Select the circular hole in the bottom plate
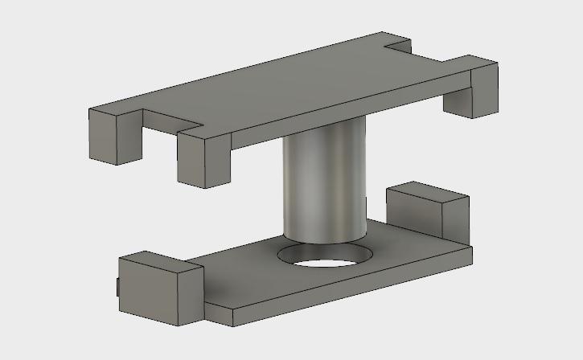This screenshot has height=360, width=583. (326, 259)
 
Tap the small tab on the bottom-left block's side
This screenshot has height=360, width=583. (117, 286)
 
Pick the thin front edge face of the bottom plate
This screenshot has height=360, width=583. (338, 289)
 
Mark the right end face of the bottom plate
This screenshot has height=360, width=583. (471, 256)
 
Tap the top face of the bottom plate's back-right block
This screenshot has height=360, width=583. (426, 193)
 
